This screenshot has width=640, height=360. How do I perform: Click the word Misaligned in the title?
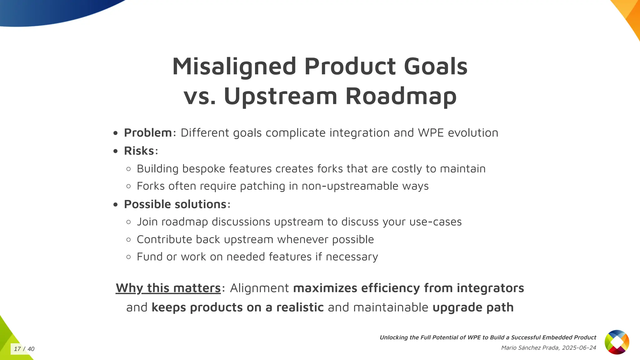click(x=234, y=67)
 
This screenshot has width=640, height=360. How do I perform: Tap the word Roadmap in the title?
click(x=401, y=96)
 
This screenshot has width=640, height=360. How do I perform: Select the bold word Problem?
click(x=148, y=133)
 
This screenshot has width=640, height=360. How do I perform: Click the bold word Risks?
click(x=139, y=151)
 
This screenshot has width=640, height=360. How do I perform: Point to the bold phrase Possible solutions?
click(x=175, y=204)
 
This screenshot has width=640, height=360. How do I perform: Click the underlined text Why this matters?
click(x=168, y=288)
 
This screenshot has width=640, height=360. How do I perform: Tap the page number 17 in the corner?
click(x=17, y=349)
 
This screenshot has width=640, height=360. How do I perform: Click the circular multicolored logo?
click(x=617, y=342)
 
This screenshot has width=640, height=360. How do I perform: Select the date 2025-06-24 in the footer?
click(x=579, y=348)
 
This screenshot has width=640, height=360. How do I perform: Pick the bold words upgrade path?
click(x=473, y=307)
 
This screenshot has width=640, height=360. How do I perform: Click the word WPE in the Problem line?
click(x=431, y=133)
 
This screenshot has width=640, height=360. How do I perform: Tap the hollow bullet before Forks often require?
click(x=128, y=187)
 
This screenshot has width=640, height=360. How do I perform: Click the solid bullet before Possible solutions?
click(x=116, y=205)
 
